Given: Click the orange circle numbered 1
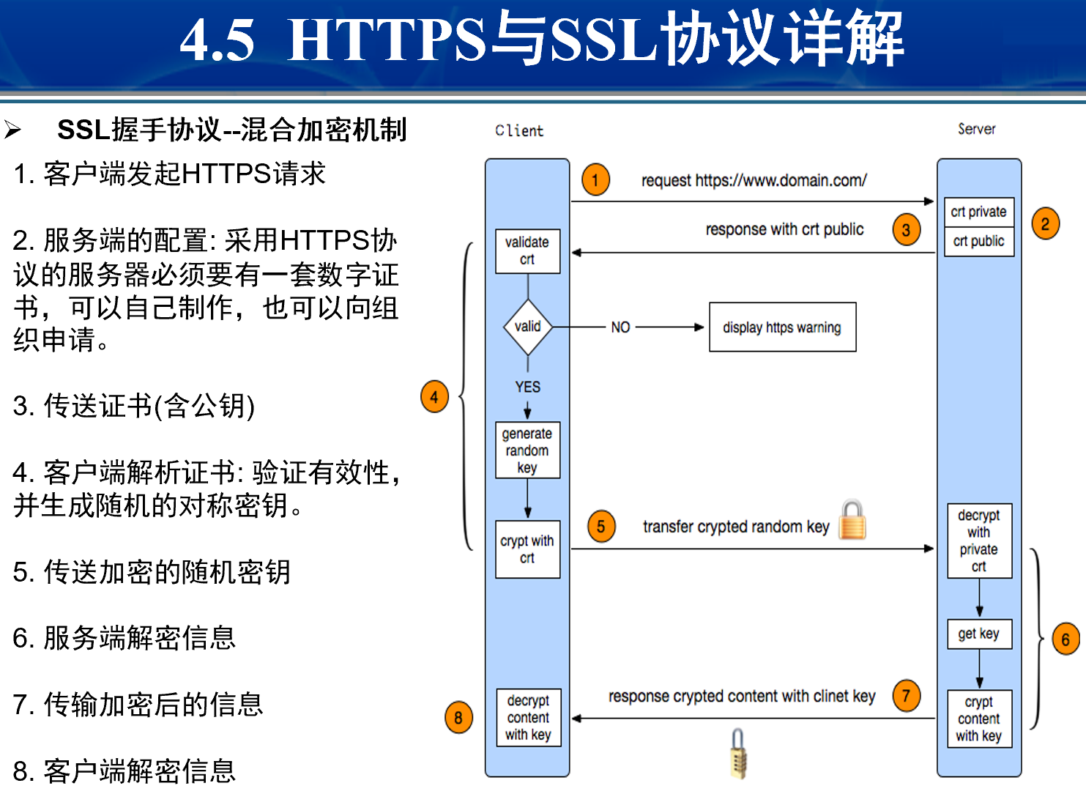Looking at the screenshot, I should pyautogui.click(x=595, y=179).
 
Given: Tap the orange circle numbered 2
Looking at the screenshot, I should pyautogui.click(x=1045, y=223).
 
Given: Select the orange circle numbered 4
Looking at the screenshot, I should pyautogui.click(x=434, y=397).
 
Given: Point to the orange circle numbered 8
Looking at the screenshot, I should pyautogui.click(x=458, y=718).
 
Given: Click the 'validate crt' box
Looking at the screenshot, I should pyautogui.click(x=527, y=251).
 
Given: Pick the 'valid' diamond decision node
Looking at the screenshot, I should pyautogui.click(x=527, y=327).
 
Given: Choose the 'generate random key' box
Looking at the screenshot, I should pyautogui.click(x=527, y=450).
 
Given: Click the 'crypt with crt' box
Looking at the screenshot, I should pyautogui.click(x=527, y=549).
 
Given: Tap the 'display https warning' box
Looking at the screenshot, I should pyautogui.click(x=782, y=327).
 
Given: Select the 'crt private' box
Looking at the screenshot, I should pyautogui.click(x=978, y=212).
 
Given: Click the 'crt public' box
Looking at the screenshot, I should pyautogui.click(x=978, y=242).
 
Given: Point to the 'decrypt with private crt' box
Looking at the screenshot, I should pyautogui.click(x=979, y=541).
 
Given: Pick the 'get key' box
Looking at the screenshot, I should pyautogui.click(x=979, y=634).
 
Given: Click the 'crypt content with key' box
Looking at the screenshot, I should pyautogui.click(x=979, y=719).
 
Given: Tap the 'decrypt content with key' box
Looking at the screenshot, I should pyautogui.click(x=528, y=718).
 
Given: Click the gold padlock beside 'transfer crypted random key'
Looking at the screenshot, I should pyautogui.click(x=852, y=520).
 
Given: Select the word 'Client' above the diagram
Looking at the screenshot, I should pyautogui.click(x=519, y=131).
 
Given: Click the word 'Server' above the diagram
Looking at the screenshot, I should pyautogui.click(x=977, y=129).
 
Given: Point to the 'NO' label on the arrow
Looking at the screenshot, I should pyautogui.click(x=620, y=327).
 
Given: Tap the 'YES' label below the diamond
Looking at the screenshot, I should pyautogui.click(x=527, y=387).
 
